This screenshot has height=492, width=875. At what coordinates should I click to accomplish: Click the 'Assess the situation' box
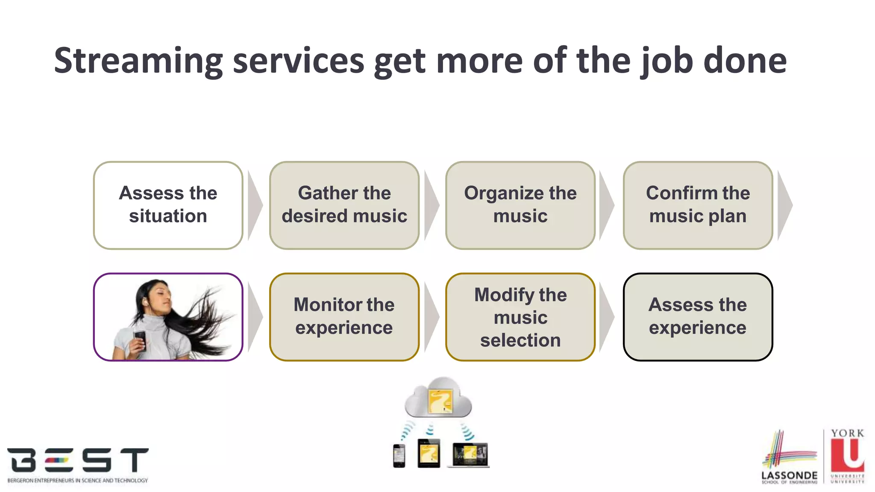tap(168, 205)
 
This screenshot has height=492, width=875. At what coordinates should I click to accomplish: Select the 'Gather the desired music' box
tap(344, 205)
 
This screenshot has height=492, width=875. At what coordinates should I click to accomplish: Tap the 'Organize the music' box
tap(520, 205)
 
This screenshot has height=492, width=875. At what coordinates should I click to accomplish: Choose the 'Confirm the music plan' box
tap(697, 205)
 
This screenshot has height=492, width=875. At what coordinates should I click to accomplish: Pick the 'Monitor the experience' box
tap(344, 317)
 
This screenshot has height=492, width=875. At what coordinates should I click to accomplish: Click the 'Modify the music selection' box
tap(520, 317)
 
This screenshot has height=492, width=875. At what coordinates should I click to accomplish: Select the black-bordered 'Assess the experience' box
tap(697, 317)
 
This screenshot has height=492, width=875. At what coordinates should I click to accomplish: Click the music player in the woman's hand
tap(140, 340)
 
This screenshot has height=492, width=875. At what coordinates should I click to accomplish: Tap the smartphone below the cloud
tap(399, 456)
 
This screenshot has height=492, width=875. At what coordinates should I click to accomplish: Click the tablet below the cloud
tap(429, 454)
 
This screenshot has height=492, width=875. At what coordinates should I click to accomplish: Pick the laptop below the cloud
tap(470, 455)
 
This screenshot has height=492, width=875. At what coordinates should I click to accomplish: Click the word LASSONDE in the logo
tap(789, 475)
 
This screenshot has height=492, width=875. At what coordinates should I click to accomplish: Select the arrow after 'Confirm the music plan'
tap(784, 205)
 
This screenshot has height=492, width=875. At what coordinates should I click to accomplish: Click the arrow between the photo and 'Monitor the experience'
tap(255, 317)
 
